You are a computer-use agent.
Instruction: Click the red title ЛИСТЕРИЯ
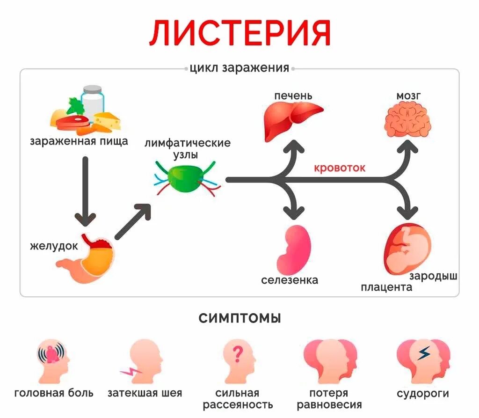[x=239, y=33]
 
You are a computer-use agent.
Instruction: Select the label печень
[x=293, y=95]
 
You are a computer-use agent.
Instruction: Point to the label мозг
[x=408, y=95]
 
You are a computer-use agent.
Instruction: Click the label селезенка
[x=290, y=280]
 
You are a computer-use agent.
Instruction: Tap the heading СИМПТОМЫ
[x=239, y=319]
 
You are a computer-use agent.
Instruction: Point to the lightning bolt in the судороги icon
[x=423, y=353]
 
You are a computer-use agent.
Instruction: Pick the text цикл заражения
[x=239, y=68]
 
